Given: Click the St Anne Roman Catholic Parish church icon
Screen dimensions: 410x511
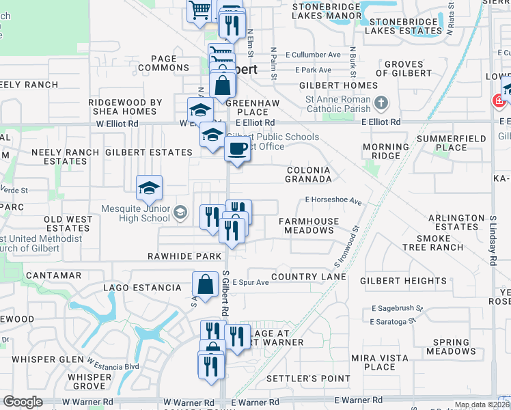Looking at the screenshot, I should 382,103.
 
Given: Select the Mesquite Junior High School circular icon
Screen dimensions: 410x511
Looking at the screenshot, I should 180,212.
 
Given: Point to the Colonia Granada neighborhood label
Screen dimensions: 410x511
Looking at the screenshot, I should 308,174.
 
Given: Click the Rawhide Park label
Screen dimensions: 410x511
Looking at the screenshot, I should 184,256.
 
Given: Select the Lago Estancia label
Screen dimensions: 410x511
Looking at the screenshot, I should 142,288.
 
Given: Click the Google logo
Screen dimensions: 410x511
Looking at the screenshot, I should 23,402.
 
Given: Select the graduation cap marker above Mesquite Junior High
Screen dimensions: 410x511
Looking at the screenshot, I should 150,188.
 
